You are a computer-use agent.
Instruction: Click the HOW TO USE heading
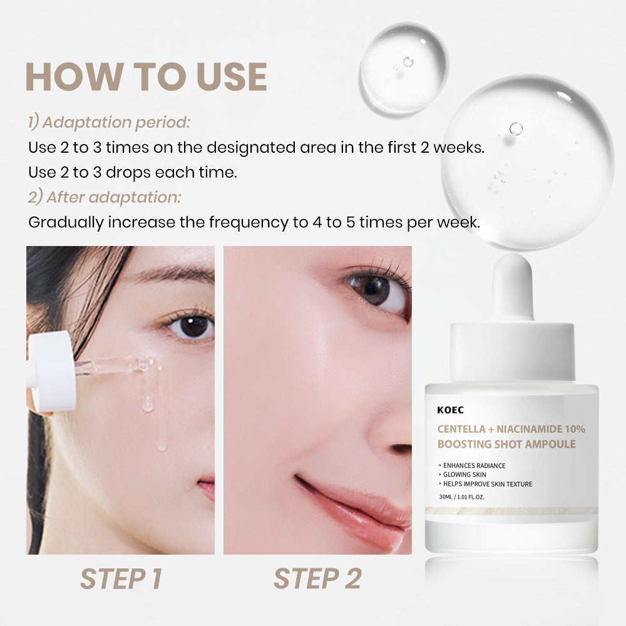146,76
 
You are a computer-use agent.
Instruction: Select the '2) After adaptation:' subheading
105,197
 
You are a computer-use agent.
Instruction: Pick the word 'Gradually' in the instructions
66,223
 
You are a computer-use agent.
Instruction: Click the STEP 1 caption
121,579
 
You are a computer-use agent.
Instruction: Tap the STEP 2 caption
317,579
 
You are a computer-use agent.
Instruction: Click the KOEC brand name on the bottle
450,410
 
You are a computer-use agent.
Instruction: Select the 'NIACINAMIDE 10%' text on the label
541,429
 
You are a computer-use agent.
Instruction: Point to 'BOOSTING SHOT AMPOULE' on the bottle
506,444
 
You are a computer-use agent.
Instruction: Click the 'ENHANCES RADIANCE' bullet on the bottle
474,466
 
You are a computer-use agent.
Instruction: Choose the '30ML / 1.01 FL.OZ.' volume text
461,497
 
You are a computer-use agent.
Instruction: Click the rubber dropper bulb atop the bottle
513,287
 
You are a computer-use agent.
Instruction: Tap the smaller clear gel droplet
404,68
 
